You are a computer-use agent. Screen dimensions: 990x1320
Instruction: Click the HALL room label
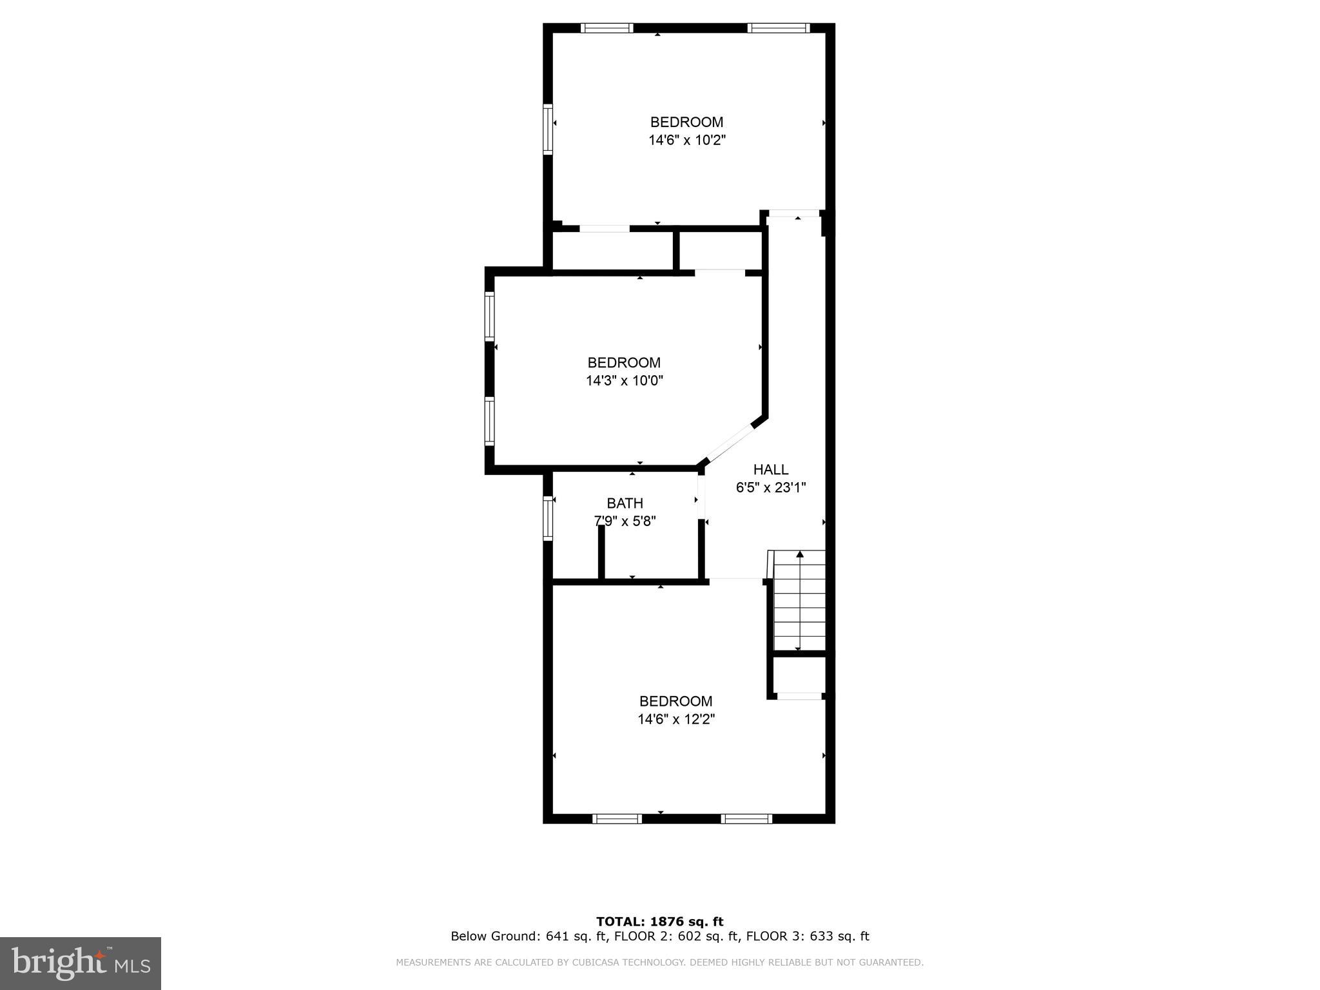(x=770, y=470)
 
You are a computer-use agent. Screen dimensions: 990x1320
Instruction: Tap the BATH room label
(x=625, y=503)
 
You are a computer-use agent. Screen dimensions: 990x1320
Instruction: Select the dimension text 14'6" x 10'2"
(x=687, y=141)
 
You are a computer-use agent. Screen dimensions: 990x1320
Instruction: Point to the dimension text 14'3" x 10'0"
(x=624, y=381)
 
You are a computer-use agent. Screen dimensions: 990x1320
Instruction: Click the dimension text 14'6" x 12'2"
(x=676, y=719)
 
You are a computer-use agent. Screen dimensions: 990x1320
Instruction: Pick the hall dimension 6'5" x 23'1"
(x=771, y=488)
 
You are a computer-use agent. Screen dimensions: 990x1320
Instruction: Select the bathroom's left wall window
(x=548, y=518)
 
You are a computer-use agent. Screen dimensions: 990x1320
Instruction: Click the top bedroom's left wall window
(x=548, y=129)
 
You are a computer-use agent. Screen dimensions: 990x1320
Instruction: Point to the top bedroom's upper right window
(x=778, y=28)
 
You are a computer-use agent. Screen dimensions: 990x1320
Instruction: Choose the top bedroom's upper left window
(x=607, y=28)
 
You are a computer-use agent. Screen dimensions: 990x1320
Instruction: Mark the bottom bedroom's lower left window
(x=617, y=819)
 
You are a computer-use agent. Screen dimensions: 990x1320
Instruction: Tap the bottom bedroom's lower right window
(x=746, y=819)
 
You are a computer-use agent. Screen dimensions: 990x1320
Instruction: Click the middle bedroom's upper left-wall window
(x=489, y=316)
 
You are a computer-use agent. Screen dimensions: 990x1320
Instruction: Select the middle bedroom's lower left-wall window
(x=489, y=422)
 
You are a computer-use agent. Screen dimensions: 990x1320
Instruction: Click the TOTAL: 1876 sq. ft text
(x=659, y=922)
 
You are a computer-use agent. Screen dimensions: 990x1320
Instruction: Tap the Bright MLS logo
(x=81, y=963)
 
